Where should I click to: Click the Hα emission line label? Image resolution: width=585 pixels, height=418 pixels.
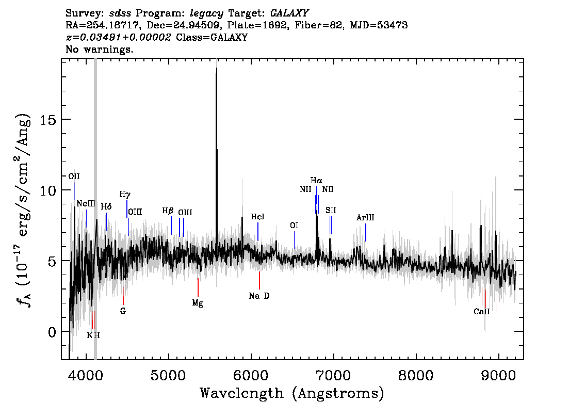(x=316, y=181)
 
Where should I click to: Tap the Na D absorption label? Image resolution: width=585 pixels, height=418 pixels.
(x=259, y=296)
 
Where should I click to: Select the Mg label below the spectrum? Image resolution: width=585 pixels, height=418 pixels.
(x=198, y=303)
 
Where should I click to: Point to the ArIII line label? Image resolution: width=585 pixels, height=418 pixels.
(x=365, y=218)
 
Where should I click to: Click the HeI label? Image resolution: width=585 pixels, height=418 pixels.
(x=257, y=217)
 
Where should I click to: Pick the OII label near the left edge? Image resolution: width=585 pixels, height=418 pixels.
(x=74, y=176)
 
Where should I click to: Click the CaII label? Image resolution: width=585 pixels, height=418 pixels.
(x=482, y=312)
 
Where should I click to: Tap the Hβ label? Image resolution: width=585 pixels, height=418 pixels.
(x=168, y=211)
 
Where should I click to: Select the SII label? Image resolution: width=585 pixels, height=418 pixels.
(x=331, y=211)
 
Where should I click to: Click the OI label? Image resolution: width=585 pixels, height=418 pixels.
(x=294, y=226)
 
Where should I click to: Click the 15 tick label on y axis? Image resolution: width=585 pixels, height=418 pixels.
(x=48, y=119)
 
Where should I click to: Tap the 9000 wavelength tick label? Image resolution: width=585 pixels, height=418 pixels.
(x=498, y=376)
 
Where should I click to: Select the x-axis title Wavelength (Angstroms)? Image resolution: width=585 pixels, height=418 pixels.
(x=292, y=393)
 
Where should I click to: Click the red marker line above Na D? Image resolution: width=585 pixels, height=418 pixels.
(x=259, y=281)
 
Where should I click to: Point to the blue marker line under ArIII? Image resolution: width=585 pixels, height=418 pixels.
(x=366, y=233)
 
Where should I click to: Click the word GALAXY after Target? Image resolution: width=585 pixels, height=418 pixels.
(x=289, y=13)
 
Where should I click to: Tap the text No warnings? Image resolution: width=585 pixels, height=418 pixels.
(x=99, y=49)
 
